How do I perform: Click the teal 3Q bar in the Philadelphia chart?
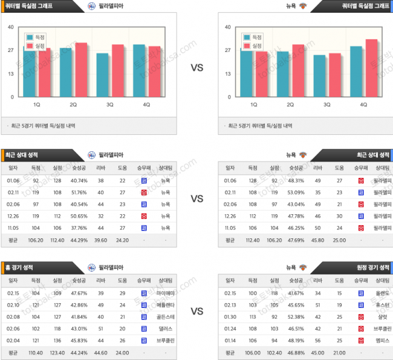click(103, 75)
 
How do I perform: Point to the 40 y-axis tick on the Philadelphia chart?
click(11, 27)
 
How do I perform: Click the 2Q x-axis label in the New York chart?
click(290, 104)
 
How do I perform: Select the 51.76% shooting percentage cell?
click(79, 192)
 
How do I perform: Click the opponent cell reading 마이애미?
click(165, 293)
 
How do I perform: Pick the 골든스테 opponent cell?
click(165, 316)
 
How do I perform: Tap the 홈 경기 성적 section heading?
click(20, 267)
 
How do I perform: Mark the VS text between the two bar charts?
click(197, 68)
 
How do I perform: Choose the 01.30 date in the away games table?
click(230, 316)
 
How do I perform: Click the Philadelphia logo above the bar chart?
click(91, 5)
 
